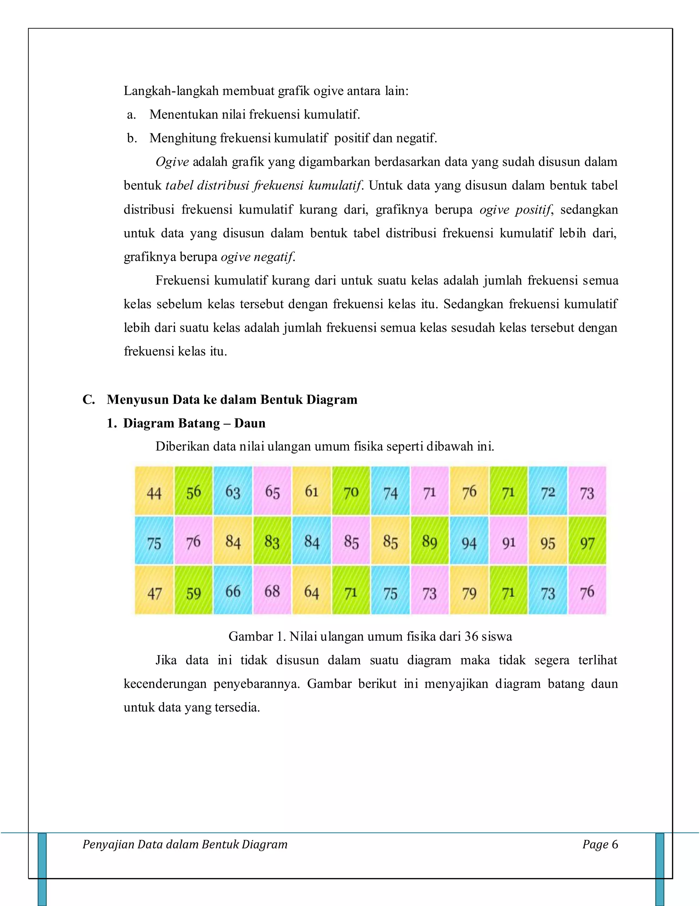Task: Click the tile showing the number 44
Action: click(x=154, y=492)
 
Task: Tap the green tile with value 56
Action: click(x=193, y=492)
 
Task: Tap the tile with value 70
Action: click(x=351, y=492)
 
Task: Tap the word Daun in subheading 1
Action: click(x=250, y=423)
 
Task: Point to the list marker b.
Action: click(x=132, y=138)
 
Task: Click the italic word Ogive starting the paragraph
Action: click(x=172, y=162)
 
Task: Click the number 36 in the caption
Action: click(x=471, y=636)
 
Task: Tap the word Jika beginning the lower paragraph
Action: click(x=166, y=660)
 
